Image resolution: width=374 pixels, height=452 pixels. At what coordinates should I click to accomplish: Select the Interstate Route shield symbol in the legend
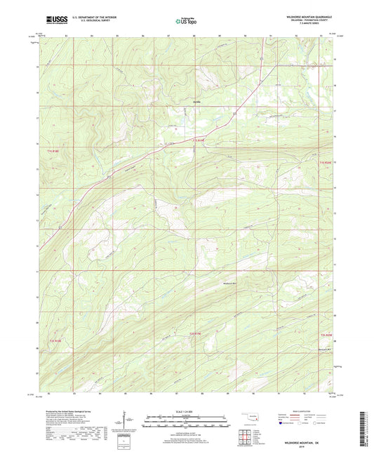283,423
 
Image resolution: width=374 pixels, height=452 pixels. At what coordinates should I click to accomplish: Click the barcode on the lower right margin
363,421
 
